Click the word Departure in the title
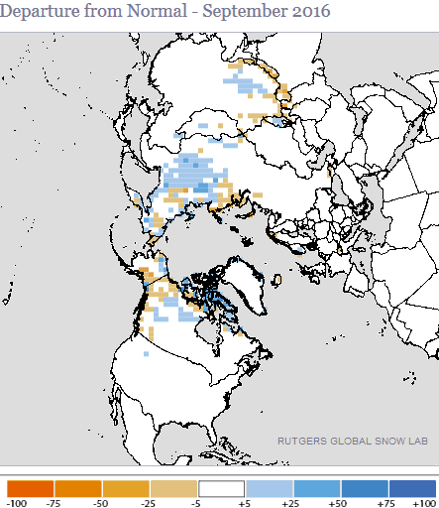(40, 13)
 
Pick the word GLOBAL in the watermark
(349, 442)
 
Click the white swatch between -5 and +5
(222, 488)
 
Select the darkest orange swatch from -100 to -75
(31, 488)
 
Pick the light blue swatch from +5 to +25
(270, 488)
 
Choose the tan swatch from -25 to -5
(174, 488)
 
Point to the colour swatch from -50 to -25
(127, 488)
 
